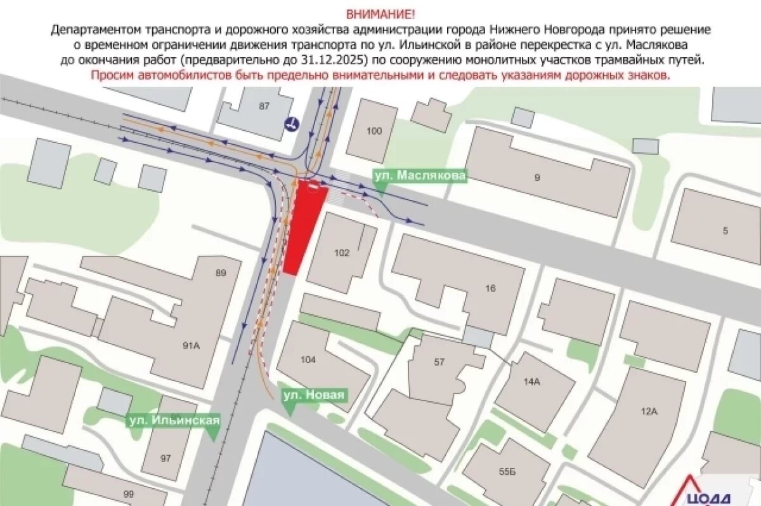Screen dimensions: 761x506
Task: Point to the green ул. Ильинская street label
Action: point(174,420)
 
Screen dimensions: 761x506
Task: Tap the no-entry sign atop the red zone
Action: point(313,185)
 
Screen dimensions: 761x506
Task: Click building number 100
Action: point(374,131)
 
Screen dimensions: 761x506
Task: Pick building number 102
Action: point(341,252)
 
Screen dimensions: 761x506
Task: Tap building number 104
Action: point(308,360)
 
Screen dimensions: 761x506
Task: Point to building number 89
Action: point(221,274)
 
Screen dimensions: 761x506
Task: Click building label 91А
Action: point(191,346)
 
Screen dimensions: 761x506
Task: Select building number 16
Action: point(490,288)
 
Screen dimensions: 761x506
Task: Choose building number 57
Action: point(439,363)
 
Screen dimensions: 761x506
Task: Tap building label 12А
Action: point(649,411)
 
